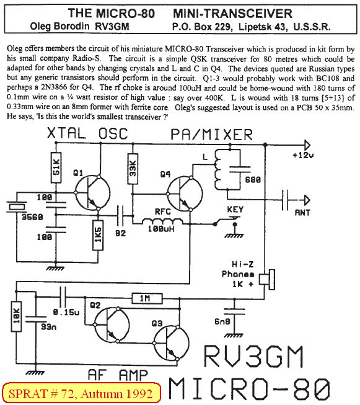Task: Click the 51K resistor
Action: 56,167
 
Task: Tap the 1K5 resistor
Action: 98,235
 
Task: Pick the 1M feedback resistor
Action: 147,298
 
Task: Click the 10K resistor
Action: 16,317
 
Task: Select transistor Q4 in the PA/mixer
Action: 185,194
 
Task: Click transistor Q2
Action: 112,324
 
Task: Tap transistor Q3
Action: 171,343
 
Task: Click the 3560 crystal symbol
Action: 17,207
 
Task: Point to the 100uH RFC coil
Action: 162,221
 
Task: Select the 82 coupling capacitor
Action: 120,215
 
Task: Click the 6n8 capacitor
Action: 234,311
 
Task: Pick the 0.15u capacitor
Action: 63,296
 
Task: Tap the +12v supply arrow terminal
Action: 307,145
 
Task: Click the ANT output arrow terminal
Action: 307,200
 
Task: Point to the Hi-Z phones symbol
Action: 267,280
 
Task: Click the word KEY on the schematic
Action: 235,209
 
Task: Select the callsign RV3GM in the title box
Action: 112,26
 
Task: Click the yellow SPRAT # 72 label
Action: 81,394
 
